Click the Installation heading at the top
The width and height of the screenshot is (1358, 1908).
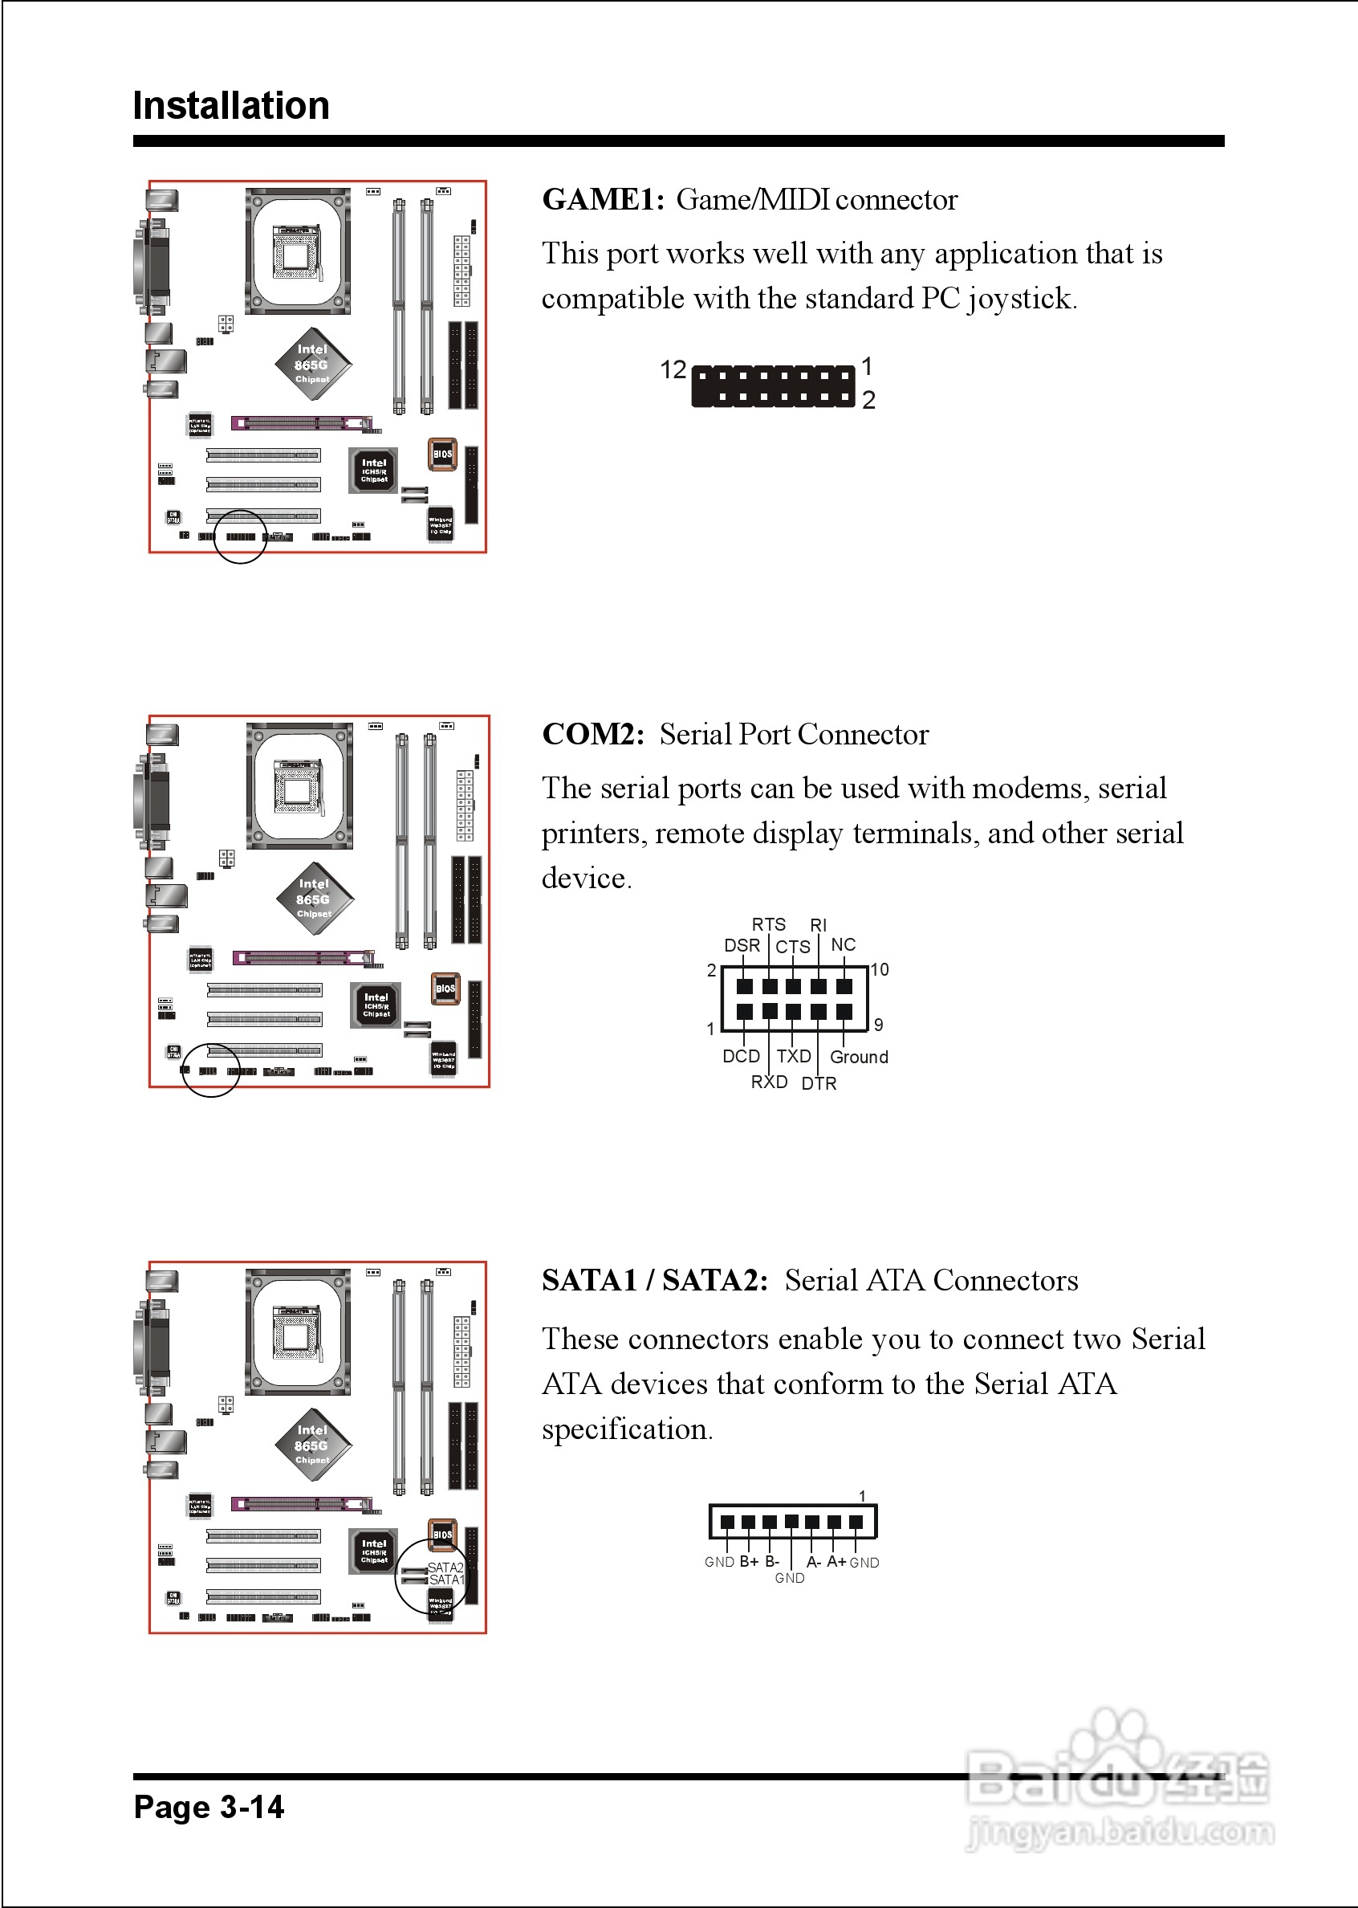click(x=231, y=106)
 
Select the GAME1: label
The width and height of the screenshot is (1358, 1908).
click(x=602, y=200)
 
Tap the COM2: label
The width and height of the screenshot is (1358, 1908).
click(x=593, y=735)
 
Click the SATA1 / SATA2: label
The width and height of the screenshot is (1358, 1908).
click(x=654, y=1281)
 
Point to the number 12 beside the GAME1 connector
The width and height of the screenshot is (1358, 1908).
click(x=673, y=369)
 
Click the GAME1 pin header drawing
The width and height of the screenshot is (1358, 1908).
click(x=774, y=386)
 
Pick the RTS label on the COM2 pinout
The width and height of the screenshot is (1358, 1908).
click(x=768, y=924)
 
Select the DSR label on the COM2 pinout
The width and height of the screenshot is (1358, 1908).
click(x=742, y=945)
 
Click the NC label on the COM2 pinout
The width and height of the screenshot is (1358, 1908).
click(x=843, y=944)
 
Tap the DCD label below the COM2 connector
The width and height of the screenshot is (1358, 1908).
click(x=741, y=1057)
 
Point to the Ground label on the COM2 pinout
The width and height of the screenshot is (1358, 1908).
click(x=859, y=1058)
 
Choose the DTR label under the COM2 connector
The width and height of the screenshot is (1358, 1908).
click(x=819, y=1083)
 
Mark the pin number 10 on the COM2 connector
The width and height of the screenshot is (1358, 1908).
click(x=880, y=969)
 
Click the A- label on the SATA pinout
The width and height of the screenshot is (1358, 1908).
click(x=814, y=1562)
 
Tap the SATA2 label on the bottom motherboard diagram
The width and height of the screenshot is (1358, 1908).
click(x=445, y=1567)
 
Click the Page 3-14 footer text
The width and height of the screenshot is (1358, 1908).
click(x=209, y=1807)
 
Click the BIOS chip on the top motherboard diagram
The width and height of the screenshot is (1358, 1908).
click(x=442, y=455)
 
